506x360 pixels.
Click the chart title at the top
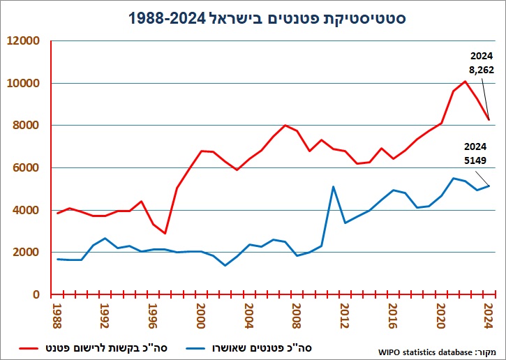click(x=267, y=17)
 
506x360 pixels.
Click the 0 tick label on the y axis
click(x=36, y=294)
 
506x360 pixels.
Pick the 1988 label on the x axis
click(x=57, y=316)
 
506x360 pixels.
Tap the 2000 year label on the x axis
click(x=200, y=316)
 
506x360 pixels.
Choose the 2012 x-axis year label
click(x=344, y=316)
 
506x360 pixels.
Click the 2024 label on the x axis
click(x=489, y=316)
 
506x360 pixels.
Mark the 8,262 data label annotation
click(x=482, y=70)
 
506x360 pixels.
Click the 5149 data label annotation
click(x=475, y=160)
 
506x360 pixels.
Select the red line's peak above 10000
click(x=465, y=82)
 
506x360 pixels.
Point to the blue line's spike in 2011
click(x=333, y=187)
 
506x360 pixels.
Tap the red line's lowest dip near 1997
click(x=165, y=233)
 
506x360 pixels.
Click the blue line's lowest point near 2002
click(x=225, y=266)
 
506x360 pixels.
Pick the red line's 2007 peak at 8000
click(x=285, y=125)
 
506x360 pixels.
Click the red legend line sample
click(x=31, y=348)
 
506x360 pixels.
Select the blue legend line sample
click(x=195, y=348)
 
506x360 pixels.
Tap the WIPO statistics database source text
click(x=437, y=352)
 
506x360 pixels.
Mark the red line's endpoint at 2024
click(x=489, y=120)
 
